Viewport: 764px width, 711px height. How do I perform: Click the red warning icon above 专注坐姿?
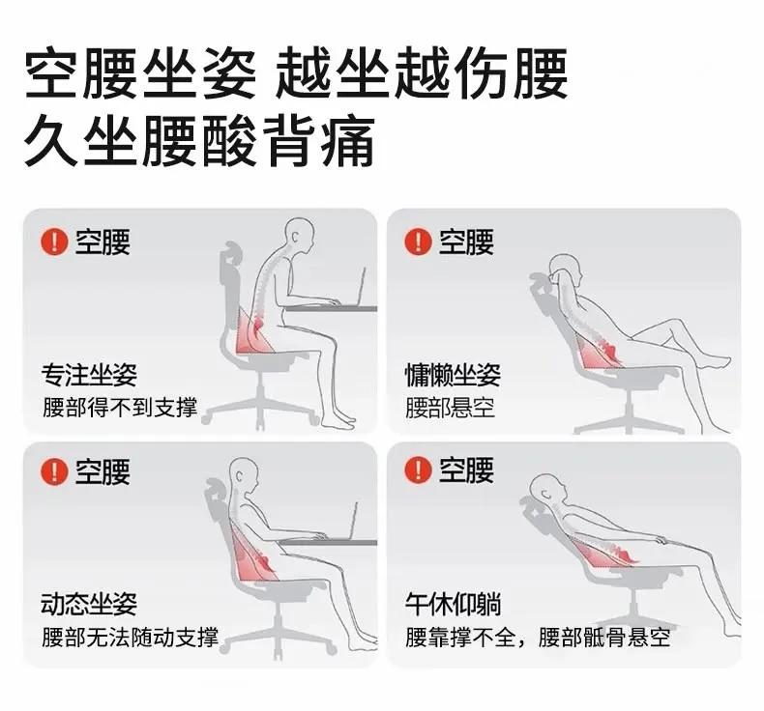tap(54, 242)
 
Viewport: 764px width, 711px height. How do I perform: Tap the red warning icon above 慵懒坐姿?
tap(418, 242)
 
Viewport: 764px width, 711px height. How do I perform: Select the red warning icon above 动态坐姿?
tap(54, 470)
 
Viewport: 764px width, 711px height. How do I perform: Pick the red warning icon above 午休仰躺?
tap(418, 470)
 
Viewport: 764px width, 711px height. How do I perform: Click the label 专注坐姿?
tap(89, 374)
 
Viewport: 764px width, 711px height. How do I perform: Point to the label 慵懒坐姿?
tap(454, 374)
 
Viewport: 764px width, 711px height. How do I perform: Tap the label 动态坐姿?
tap(89, 604)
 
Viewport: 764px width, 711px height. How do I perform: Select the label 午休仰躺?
tap(454, 604)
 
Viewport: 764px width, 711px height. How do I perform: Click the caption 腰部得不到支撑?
tap(120, 408)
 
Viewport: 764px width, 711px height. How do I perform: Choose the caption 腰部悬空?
tap(451, 408)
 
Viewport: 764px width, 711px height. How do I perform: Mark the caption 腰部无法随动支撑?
tap(131, 637)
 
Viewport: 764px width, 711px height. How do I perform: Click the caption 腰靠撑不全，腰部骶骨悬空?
tap(538, 637)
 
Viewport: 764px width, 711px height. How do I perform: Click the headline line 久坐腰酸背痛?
tap(200, 141)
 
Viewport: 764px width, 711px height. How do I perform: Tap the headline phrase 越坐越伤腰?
tap(422, 73)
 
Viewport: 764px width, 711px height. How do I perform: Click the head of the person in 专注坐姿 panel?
tap(299, 237)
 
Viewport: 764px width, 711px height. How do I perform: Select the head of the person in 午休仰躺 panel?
tap(547, 491)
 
